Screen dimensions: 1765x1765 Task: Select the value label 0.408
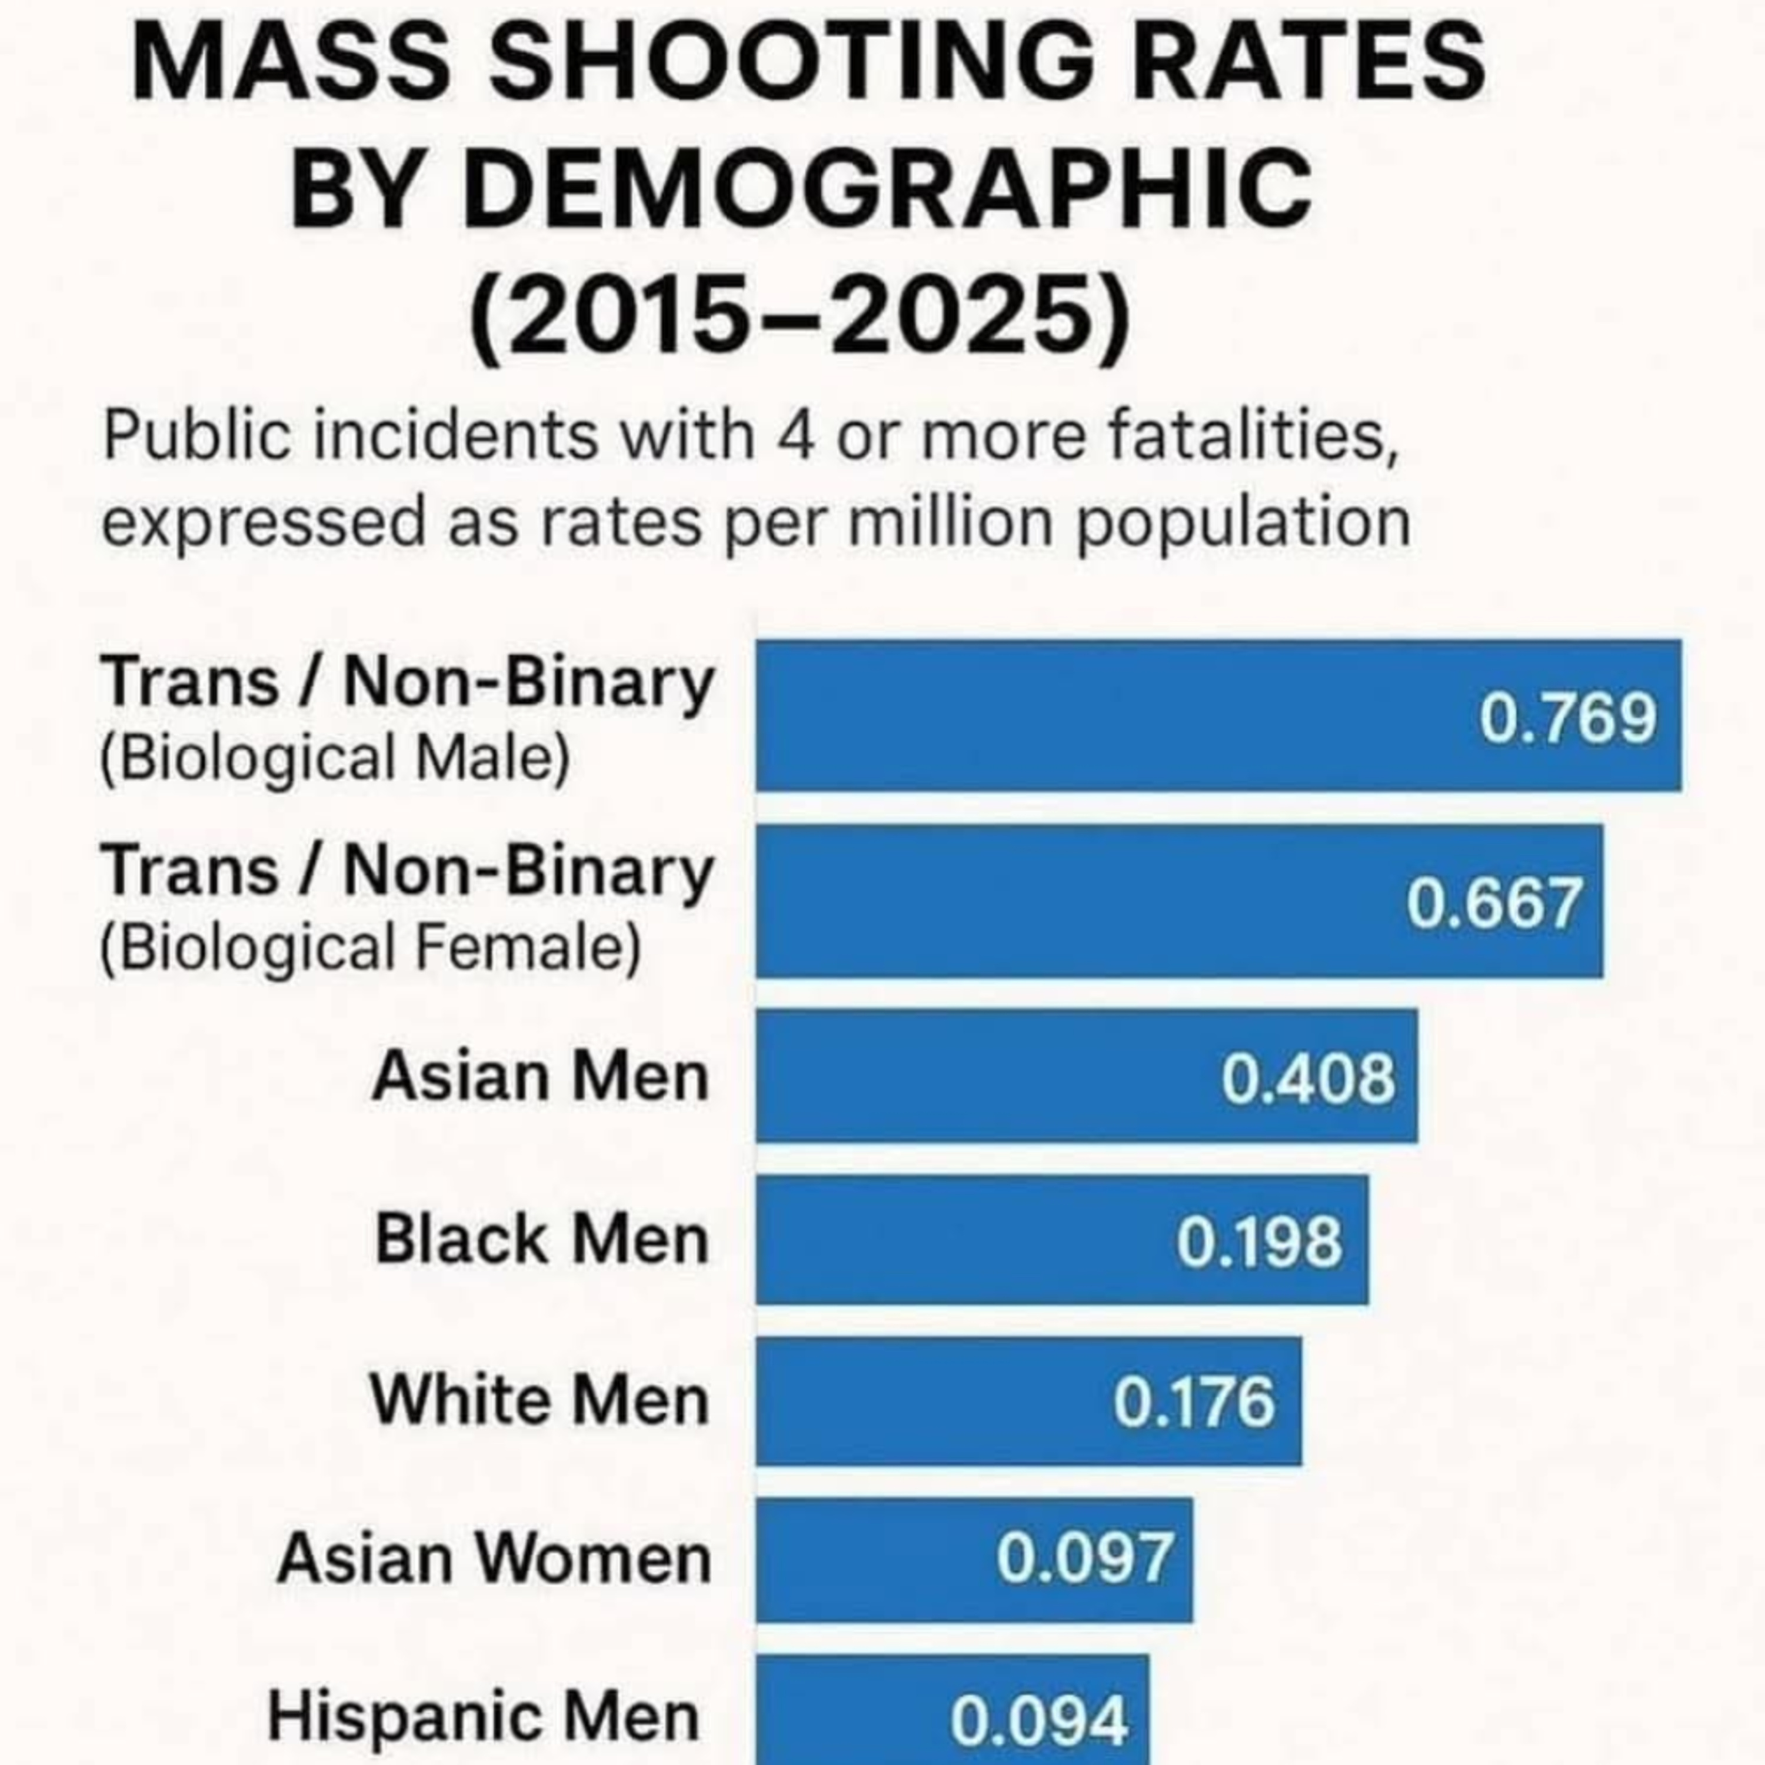click(x=1308, y=1078)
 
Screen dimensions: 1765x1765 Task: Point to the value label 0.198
click(x=1259, y=1243)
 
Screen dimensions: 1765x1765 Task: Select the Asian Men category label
click(x=541, y=1076)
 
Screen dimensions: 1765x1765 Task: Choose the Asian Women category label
click(x=494, y=1558)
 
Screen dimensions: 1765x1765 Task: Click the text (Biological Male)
click(x=334, y=758)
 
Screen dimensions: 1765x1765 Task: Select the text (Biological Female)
click(x=370, y=947)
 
